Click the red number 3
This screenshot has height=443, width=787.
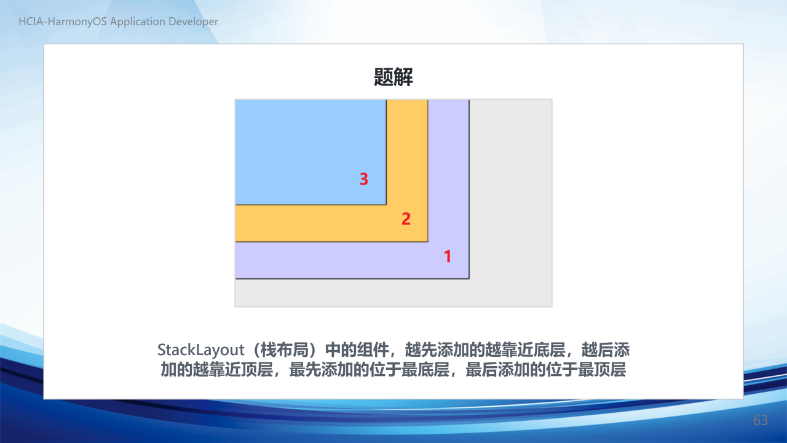click(x=363, y=179)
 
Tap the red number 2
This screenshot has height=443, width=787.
click(x=406, y=218)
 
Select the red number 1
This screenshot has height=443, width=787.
click(x=448, y=256)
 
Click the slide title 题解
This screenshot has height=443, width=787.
click(x=393, y=77)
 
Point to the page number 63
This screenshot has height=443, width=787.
click(x=761, y=420)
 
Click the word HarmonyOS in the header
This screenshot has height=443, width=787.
click(x=77, y=22)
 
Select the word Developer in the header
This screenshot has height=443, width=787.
click(x=193, y=22)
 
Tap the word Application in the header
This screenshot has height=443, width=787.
click(x=137, y=22)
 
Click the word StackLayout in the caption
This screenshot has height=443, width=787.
click(x=200, y=350)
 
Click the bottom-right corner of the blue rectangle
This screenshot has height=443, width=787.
click(x=386, y=205)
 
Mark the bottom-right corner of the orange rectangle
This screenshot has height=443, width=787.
click(x=427, y=242)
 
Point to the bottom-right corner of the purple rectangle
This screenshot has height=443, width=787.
click(x=469, y=279)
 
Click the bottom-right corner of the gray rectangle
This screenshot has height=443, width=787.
click(x=552, y=306)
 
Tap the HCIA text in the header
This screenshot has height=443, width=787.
click(x=31, y=22)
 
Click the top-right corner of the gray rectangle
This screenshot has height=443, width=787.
click(x=552, y=100)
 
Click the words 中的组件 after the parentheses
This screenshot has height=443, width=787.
click(x=357, y=350)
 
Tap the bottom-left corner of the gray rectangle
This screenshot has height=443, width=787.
click(x=235, y=306)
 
